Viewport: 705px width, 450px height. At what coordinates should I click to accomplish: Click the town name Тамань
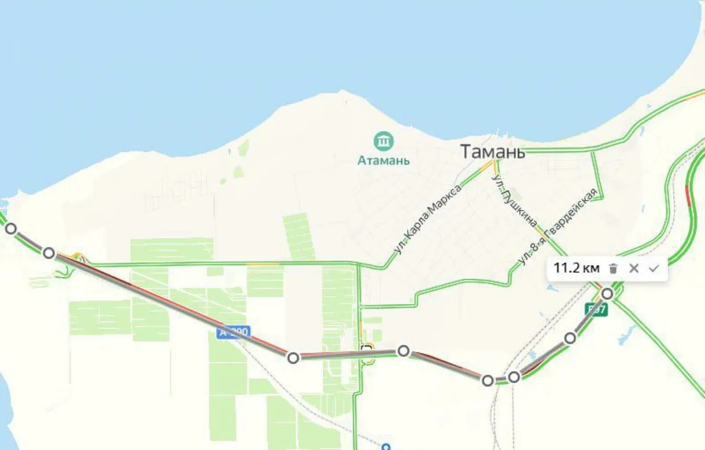(x=492, y=152)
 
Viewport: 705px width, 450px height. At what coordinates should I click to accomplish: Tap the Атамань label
(x=383, y=161)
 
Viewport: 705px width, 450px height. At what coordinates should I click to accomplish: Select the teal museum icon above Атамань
(x=383, y=141)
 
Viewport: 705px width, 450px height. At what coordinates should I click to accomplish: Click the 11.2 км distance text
(x=576, y=268)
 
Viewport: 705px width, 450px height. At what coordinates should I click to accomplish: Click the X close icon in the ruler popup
(x=634, y=268)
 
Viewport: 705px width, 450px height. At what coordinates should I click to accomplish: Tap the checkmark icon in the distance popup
(x=653, y=268)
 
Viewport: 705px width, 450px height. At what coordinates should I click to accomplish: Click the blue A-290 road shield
(x=234, y=332)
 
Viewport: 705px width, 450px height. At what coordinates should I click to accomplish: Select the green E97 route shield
(x=596, y=310)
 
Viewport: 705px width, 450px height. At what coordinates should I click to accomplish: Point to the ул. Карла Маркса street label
(x=428, y=219)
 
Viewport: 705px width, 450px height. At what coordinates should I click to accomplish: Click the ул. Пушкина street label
(x=514, y=200)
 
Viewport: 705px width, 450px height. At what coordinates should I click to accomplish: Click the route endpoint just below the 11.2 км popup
(x=607, y=293)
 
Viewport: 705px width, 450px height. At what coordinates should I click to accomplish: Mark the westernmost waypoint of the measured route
(x=11, y=229)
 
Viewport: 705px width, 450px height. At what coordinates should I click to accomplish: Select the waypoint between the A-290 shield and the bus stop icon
(x=293, y=357)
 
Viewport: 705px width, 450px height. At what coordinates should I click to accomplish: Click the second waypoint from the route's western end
(x=49, y=253)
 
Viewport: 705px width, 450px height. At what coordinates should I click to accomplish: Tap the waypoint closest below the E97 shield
(x=570, y=338)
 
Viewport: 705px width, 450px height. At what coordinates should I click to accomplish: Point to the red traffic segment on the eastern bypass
(x=688, y=196)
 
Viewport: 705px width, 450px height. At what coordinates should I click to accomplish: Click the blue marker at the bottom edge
(x=386, y=446)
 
